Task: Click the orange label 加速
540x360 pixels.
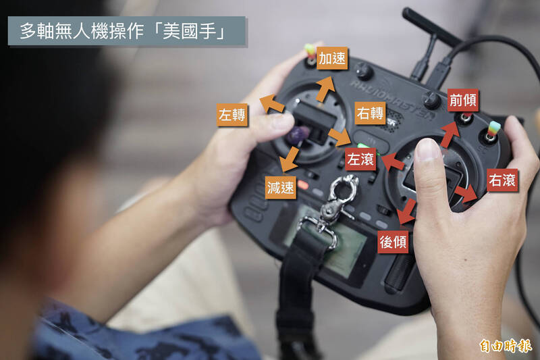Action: pyautogui.click(x=332, y=58)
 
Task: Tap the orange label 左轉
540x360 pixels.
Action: pyautogui.click(x=232, y=115)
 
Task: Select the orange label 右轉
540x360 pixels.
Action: pyautogui.click(x=370, y=113)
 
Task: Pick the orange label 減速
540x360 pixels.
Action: pyautogui.click(x=280, y=188)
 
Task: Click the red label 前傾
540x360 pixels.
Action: pyautogui.click(x=463, y=100)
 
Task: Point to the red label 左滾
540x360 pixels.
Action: pyautogui.click(x=360, y=159)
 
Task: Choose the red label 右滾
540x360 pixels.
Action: pyautogui.click(x=502, y=180)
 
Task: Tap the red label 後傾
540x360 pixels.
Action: pyautogui.click(x=393, y=242)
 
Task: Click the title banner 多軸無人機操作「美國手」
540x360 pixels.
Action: pyautogui.click(x=127, y=31)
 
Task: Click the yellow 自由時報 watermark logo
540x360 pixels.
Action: pyautogui.click(x=506, y=346)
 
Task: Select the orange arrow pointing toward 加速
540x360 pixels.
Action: pyautogui.click(x=325, y=88)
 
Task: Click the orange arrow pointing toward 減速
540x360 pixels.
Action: pyautogui.click(x=290, y=159)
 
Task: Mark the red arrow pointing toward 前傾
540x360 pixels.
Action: pyautogui.click(x=450, y=134)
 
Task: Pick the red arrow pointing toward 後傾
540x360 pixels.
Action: pyautogui.click(x=407, y=211)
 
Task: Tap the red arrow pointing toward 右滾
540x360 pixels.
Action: pyautogui.click(x=466, y=194)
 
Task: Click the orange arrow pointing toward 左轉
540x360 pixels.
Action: pyautogui.click(x=272, y=103)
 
